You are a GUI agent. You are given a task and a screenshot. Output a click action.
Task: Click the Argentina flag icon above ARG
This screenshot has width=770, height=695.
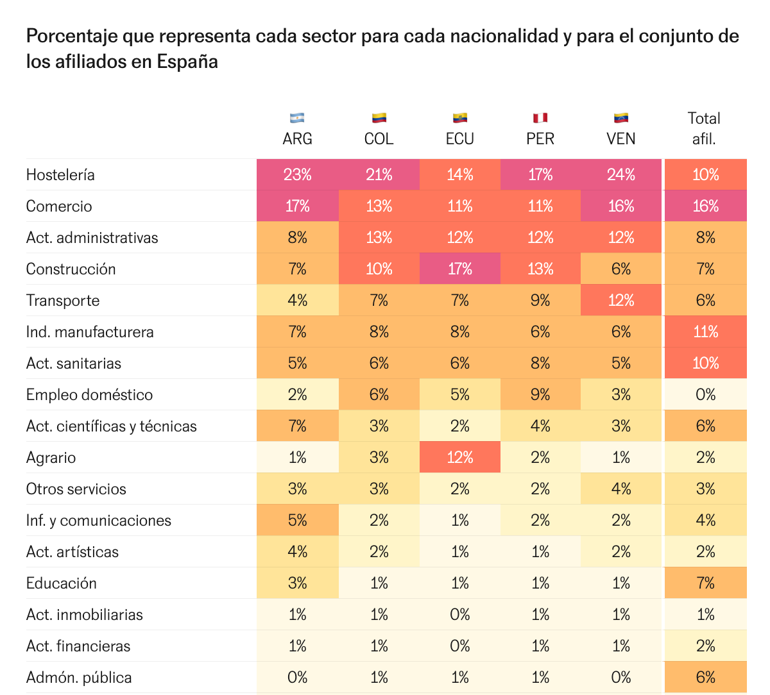pos(297,118)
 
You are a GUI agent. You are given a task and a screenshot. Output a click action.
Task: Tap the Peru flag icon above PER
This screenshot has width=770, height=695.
pos(540,118)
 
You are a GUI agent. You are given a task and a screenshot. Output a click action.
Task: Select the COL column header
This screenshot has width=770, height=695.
pos(379,138)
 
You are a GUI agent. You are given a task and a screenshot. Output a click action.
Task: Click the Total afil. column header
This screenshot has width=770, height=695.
pos(704,128)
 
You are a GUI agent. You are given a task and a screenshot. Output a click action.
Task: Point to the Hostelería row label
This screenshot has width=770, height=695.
pos(60,175)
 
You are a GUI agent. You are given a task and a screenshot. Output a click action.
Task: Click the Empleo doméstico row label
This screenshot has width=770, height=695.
pos(89,395)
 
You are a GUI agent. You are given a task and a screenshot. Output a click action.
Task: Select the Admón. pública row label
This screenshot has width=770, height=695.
pos(79,678)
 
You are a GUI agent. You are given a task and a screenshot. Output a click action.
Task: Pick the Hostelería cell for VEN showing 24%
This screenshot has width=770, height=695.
pos(620,175)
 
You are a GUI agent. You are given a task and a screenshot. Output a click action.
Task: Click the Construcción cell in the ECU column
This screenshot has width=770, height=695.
pos(459,269)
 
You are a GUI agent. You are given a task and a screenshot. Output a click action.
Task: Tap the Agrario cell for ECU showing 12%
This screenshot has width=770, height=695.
pos(459,458)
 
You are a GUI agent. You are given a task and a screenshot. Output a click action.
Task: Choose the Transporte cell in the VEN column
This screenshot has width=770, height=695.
pos(620,301)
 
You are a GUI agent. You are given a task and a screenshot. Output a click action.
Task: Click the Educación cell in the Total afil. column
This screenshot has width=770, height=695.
pos(705,583)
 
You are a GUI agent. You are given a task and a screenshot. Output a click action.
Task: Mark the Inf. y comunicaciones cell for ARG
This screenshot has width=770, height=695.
pos(297,521)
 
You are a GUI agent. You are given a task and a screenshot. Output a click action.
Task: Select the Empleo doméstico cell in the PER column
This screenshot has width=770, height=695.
pos(540,395)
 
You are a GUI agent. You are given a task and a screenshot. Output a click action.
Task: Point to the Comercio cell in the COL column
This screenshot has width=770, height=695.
pos(379,206)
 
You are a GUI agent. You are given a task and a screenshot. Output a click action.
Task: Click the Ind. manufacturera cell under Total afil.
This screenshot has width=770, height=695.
pos(705,332)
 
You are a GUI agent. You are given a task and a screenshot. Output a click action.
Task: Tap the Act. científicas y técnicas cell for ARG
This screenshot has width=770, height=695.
pos(297,426)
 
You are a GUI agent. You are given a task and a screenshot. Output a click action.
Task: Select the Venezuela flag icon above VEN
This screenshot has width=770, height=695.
pos(620,118)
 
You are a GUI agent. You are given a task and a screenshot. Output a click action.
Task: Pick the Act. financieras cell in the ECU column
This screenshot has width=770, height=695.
pos(459,646)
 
